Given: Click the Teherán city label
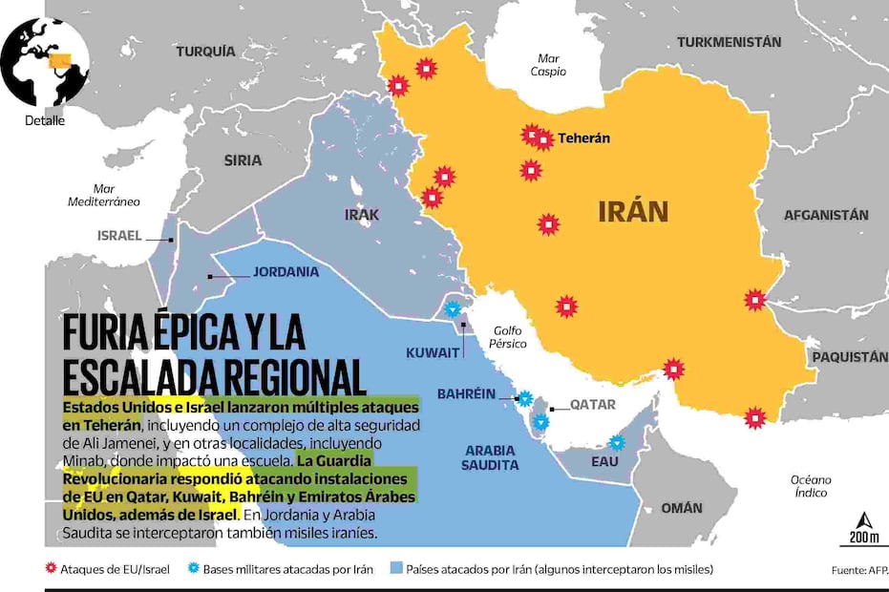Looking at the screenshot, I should [583, 138].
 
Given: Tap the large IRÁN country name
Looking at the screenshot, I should [633, 211].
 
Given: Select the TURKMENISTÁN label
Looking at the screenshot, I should [729, 42].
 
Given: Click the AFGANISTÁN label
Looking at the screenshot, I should [826, 215].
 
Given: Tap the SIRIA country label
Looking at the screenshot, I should [243, 160].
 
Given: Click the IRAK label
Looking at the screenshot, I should [362, 215].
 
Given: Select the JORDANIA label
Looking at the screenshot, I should [286, 272].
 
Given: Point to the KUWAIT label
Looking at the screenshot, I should [433, 352].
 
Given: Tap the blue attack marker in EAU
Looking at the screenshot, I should [617, 442].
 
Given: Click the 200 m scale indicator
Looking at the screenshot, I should [863, 529].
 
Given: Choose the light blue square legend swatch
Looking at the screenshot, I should [395, 569].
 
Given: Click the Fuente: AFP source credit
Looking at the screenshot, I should [857, 570].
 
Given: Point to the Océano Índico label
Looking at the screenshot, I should [811, 486].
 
